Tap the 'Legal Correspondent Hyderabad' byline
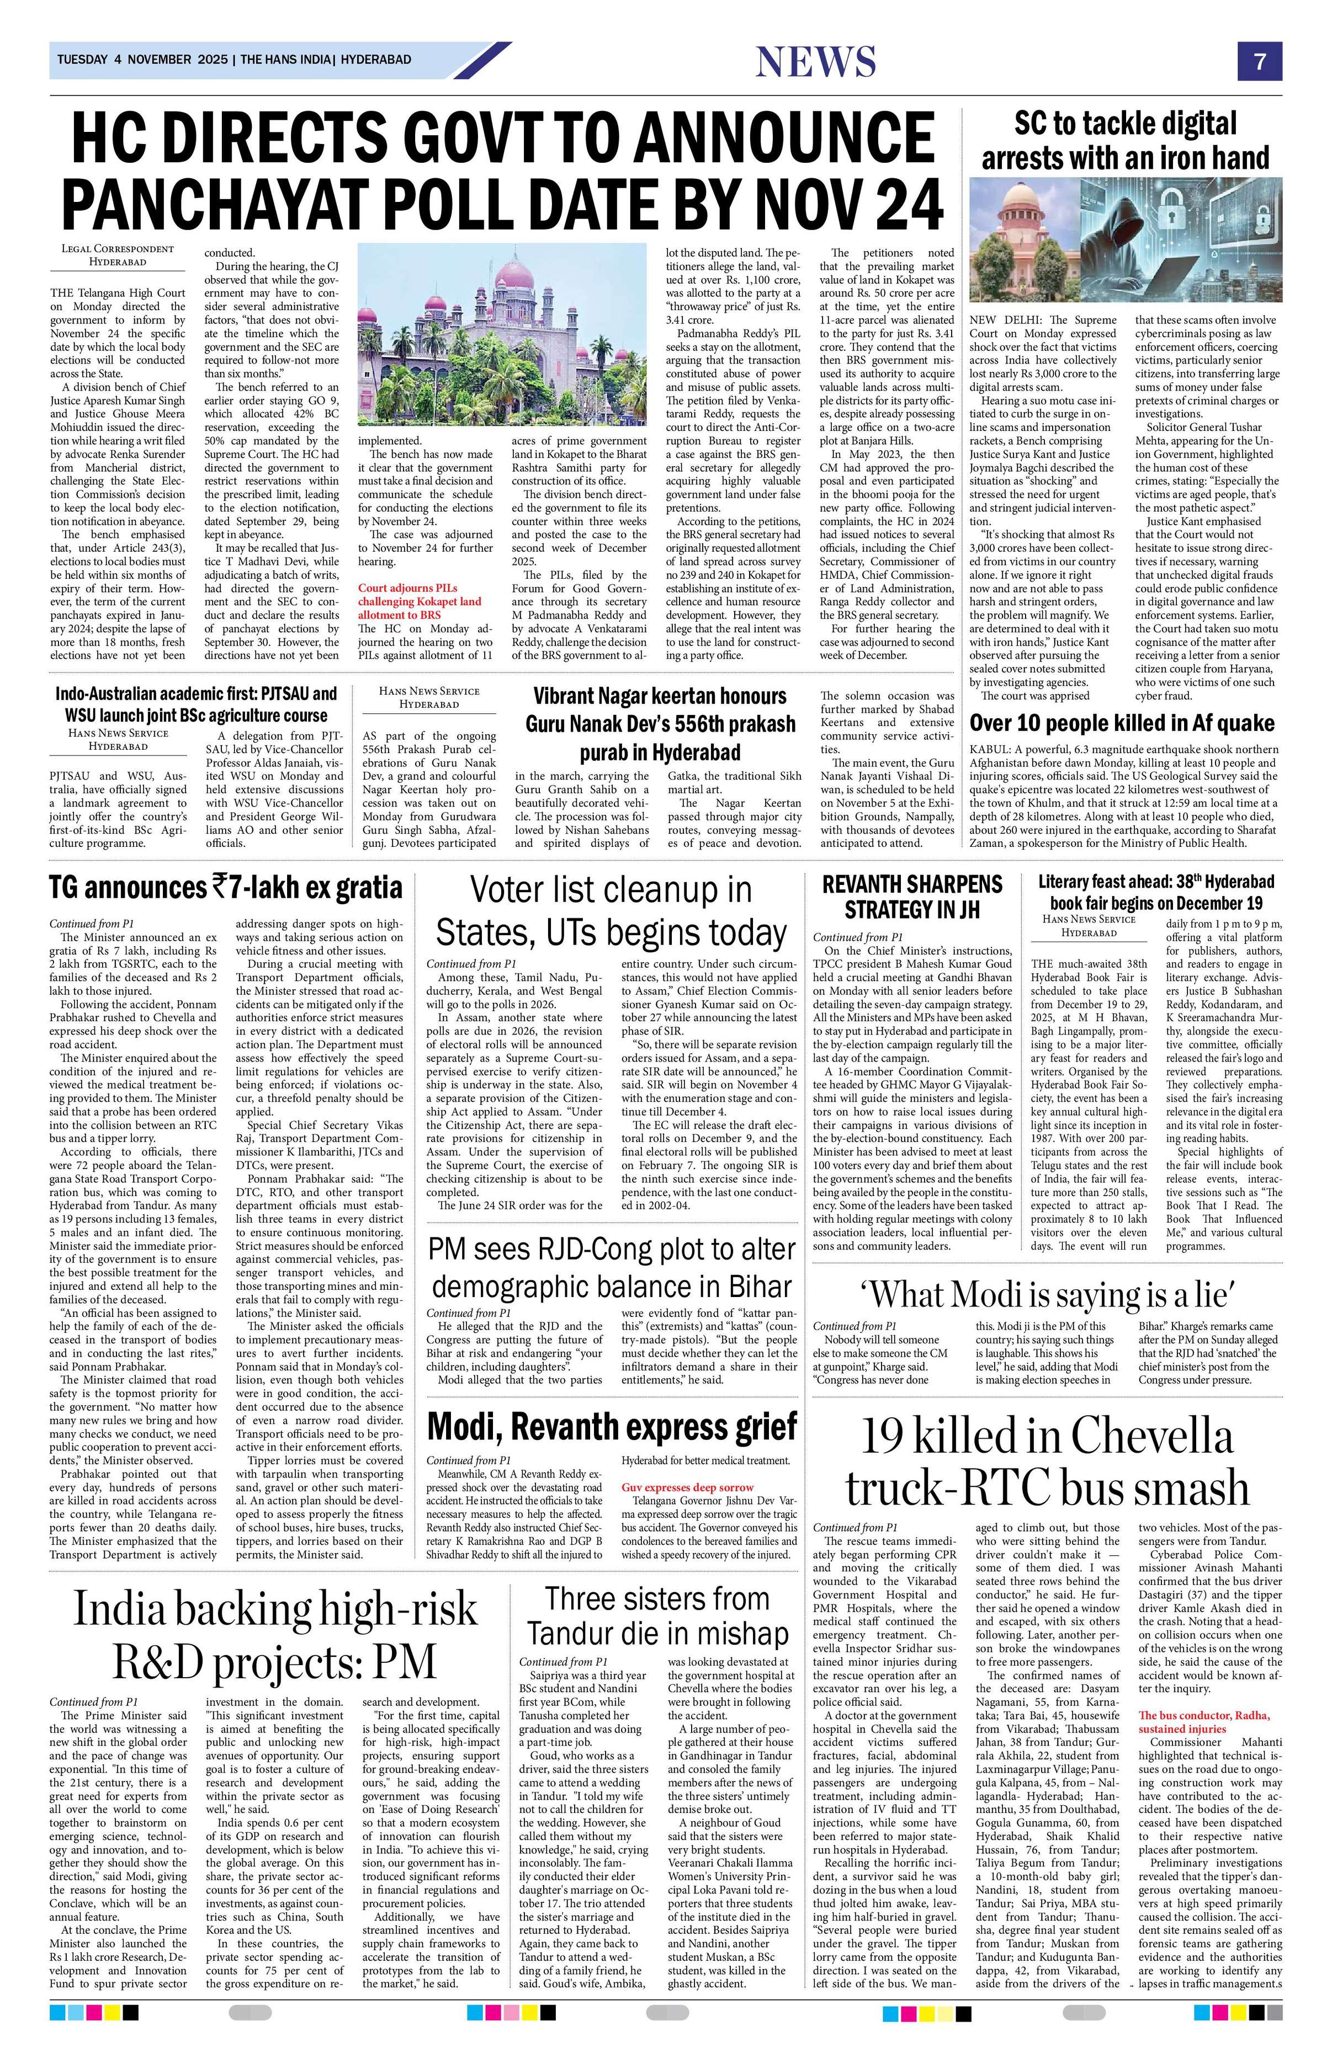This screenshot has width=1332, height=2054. point(118,254)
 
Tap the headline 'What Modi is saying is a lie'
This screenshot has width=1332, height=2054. point(1047,1295)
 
